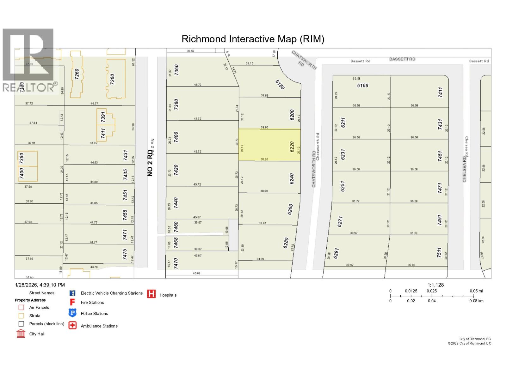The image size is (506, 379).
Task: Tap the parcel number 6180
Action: coord(280,85)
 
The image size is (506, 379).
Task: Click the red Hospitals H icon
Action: coord(151,294)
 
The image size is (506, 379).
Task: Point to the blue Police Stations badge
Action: coord(72,313)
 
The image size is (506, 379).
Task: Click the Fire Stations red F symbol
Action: coord(72,302)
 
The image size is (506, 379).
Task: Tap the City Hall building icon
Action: coord(21,334)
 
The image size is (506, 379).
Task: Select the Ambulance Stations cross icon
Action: coord(72,326)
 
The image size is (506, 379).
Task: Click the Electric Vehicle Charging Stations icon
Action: coord(72,293)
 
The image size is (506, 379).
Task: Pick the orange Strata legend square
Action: coord(21,316)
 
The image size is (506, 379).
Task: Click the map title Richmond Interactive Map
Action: coord(253,39)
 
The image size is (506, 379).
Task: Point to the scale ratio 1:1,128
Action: coord(435,285)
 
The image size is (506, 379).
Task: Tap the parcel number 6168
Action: coord(362,85)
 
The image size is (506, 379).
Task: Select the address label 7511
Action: coord(439,253)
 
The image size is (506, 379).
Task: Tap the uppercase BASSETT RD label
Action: coord(402,59)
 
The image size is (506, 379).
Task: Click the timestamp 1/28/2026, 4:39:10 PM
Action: coord(40,285)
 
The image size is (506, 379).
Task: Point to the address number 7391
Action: coord(103,117)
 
